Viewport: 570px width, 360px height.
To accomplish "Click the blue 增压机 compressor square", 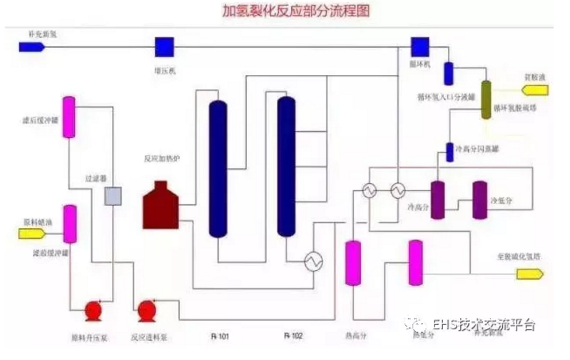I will point(165,47).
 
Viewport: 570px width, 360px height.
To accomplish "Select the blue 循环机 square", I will point(419,46).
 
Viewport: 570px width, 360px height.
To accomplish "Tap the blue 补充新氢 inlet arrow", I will point(32,47).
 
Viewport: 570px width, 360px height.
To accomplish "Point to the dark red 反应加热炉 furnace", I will point(161,205).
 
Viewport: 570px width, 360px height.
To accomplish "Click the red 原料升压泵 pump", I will point(93,310).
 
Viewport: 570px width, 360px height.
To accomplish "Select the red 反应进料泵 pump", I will point(147,310).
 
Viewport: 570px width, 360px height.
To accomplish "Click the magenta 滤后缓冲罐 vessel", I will point(69,117).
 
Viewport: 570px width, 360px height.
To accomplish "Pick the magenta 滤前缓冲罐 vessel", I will point(70,224).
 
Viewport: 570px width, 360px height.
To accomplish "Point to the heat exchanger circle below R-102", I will point(312,262).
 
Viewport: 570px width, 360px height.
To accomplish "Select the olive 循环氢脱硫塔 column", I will point(487,100).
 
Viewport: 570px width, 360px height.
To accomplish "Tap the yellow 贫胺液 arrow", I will point(535,90).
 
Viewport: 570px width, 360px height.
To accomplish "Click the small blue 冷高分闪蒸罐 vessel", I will point(449,151).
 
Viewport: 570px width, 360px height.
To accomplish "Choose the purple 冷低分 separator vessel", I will point(480,199).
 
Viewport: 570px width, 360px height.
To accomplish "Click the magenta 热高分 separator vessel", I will point(352,263).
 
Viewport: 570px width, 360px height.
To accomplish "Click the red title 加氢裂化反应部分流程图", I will point(285,12).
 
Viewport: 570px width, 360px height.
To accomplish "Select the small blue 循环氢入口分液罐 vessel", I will point(449,73).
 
